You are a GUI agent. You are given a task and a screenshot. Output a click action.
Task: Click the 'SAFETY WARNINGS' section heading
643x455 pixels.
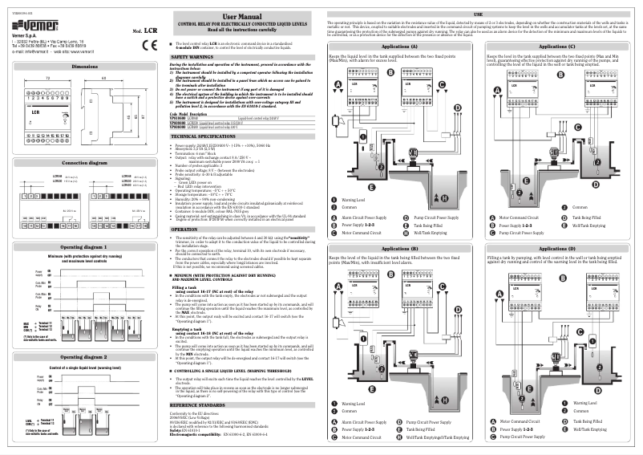[x=192, y=58]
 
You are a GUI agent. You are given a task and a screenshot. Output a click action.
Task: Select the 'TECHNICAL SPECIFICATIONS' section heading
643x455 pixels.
[x=205, y=136]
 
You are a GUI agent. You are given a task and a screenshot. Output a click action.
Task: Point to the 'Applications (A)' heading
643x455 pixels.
[x=400, y=47]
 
